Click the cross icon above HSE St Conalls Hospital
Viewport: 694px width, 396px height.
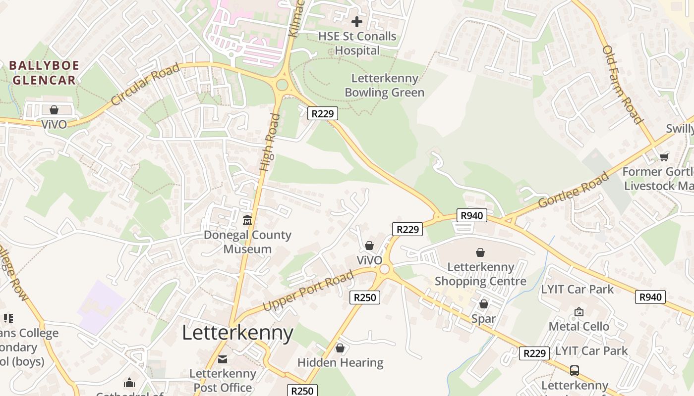pos(356,22)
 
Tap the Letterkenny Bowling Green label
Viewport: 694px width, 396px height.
pos(384,86)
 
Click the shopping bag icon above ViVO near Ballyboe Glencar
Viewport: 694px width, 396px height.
pos(54,109)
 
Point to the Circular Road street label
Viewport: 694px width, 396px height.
pos(144,85)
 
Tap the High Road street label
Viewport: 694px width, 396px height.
pos(270,143)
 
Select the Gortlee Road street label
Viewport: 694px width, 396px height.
pos(573,190)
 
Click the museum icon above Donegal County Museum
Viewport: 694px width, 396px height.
pos(247,220)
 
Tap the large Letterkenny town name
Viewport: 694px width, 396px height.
pos(237,333)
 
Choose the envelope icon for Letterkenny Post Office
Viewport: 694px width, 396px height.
pos(223,359)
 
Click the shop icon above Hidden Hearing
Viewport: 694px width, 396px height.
pos(340,348)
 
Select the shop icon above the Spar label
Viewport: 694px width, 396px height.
pos(483,304)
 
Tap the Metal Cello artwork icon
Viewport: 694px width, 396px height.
pos(578,312)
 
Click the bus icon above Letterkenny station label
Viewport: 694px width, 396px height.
pos(574,370)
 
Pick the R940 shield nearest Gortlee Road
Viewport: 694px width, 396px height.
pos(471,215)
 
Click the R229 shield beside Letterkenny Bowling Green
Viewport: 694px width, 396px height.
pos(323,114)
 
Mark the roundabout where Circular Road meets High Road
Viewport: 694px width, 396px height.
pos(282,85)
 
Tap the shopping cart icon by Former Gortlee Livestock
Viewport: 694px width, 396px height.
pos(664,157)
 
